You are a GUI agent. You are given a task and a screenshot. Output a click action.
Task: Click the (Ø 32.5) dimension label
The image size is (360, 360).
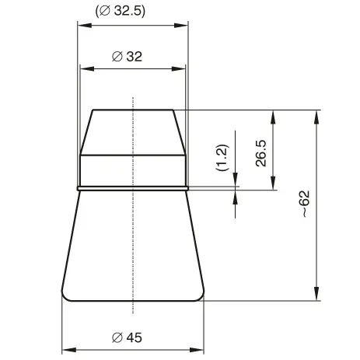coord(121,11)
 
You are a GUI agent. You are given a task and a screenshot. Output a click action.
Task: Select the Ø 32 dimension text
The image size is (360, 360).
coord(127,57)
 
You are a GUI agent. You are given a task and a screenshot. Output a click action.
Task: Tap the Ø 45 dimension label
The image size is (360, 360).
coord(127,337)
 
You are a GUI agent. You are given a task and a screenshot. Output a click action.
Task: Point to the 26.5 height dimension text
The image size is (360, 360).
coord(261,153)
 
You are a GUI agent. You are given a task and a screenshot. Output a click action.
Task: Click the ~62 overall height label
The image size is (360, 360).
coord(306,204)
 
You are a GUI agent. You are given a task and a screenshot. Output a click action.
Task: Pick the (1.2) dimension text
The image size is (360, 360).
coord(222,158)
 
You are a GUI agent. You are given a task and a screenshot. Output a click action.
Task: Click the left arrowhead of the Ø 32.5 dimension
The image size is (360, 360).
coord(85,26)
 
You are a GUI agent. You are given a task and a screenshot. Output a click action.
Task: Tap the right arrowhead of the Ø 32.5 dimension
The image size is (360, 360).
coord(181,26)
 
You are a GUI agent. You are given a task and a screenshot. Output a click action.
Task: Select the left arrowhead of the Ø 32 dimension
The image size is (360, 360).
coord(87,69)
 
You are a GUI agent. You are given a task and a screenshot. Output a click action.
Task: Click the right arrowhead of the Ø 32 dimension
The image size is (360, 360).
coord(179,69)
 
